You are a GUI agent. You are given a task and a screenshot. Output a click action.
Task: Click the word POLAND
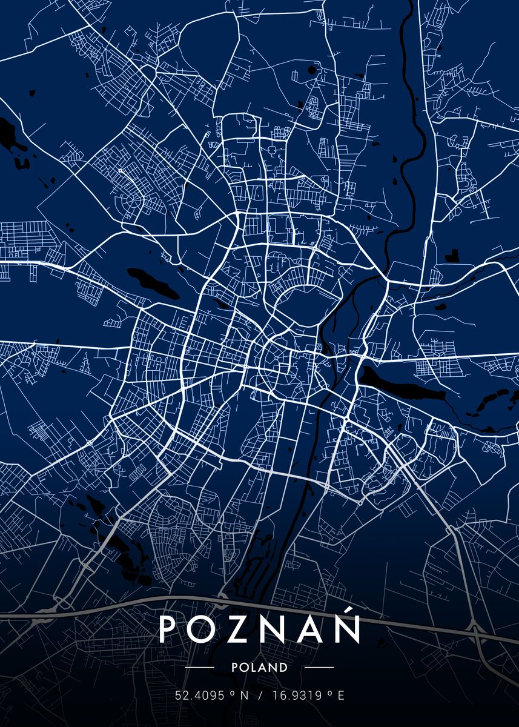259,667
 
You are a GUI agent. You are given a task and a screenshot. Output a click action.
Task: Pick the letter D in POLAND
283,667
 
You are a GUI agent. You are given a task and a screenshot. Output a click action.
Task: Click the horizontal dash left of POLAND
199,667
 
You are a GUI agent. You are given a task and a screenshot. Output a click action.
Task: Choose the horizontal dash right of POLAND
319,667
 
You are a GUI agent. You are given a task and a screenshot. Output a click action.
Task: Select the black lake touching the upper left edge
11,136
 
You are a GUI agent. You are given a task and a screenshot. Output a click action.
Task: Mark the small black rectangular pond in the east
451,256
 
